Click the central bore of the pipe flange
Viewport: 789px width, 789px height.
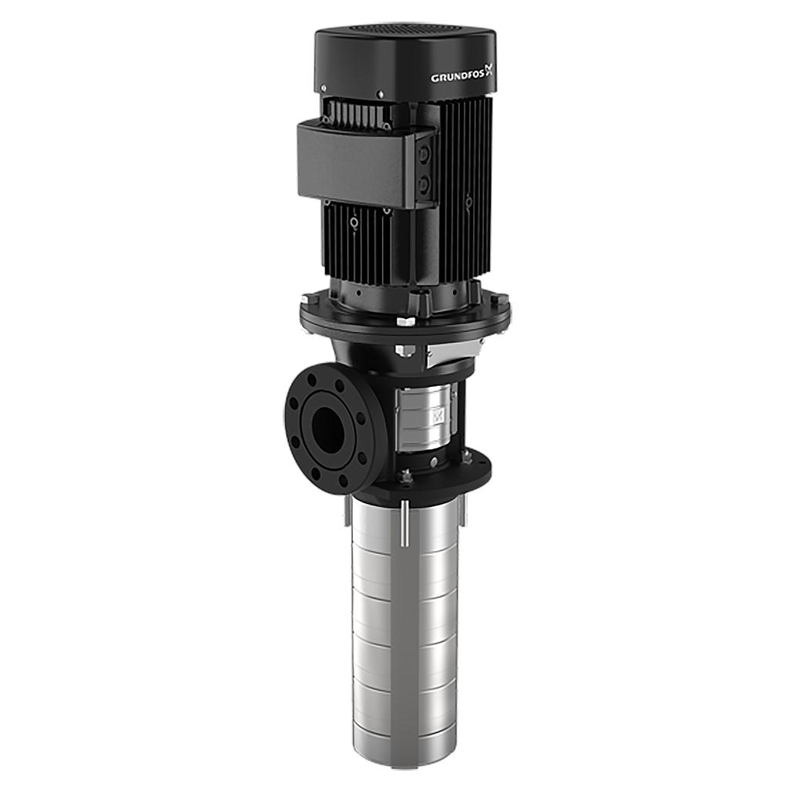point(329,428)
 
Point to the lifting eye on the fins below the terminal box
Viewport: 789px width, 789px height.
point(354,223)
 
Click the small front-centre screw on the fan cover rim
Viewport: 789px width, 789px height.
point(379,95)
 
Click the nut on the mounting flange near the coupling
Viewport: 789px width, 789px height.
point(406,475)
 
